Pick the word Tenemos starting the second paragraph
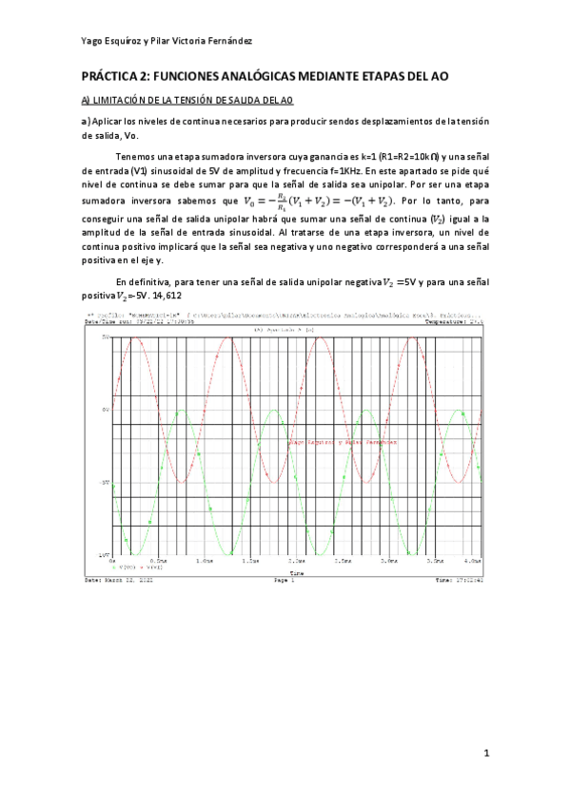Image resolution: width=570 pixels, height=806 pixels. (135, 156)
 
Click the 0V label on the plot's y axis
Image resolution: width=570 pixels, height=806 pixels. (106, 411)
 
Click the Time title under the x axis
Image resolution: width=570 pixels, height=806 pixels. (297, 573)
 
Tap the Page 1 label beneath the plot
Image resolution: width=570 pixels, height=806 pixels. (285, 579)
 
